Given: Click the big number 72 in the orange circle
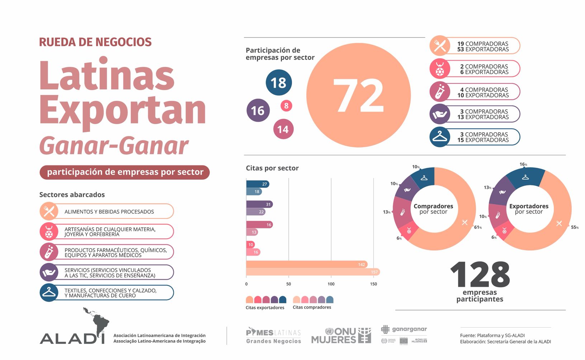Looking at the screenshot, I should click(358, 95).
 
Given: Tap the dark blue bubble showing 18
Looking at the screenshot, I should click(279, 82).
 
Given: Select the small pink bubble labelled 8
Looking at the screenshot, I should click(286, 106).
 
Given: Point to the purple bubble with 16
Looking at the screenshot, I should click(258, 110).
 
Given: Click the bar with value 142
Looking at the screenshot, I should click(307, 264).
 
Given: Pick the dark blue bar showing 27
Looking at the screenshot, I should click(258, 184).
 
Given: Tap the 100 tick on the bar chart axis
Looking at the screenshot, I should click(331, 284).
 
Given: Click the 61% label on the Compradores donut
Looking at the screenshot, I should click(478, 227).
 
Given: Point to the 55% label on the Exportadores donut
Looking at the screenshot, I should click(574, 227).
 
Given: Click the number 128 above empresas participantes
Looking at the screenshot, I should click(480, 275).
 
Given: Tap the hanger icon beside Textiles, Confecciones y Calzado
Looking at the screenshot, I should click(49, 293).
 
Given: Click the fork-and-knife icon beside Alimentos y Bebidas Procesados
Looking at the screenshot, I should click(49, 211).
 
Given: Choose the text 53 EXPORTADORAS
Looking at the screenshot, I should click(483, 49).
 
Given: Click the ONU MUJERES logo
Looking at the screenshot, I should click(341, 336).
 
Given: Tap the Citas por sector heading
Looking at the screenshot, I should click(272, 168).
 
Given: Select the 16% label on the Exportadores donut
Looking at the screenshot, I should click(523, 165).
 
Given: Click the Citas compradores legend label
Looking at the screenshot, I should click(312, 307).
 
